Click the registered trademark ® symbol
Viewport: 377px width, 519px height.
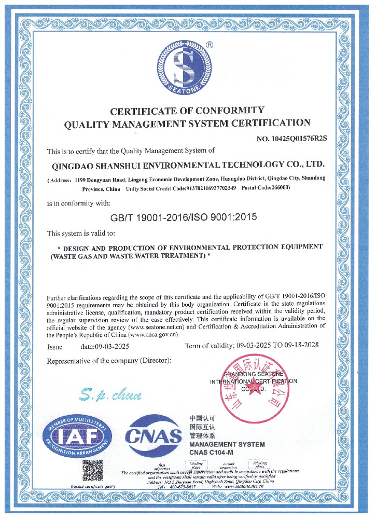point(209,45)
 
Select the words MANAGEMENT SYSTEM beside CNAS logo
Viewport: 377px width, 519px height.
point(227,445)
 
